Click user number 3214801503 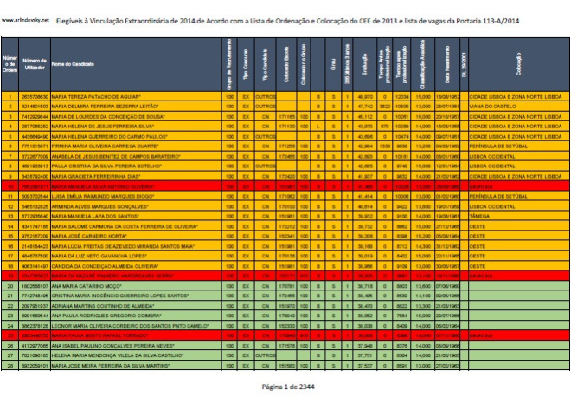[33, 105]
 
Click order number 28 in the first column [9, 368]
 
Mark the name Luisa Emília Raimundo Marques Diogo [94, 199]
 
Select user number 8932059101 [33, 368]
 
